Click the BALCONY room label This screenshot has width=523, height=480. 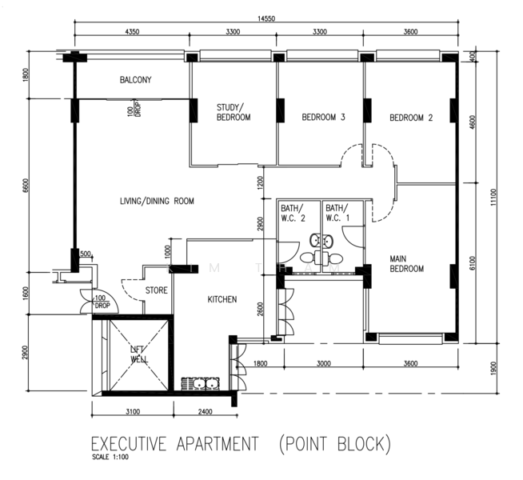(135, 80)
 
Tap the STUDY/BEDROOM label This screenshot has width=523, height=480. (234, 112)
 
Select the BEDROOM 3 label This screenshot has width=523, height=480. (323, 118)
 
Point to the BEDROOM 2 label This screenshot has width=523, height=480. (411, 118)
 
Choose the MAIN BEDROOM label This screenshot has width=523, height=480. (406, 264)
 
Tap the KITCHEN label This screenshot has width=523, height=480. (222, 300)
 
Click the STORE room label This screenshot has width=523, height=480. (156, 290)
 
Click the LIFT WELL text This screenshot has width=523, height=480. (140, 354)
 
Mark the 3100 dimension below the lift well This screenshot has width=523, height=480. (133, 412)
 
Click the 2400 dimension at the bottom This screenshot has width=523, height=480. (204, 412)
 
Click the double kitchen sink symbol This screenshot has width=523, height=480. (202, 382)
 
